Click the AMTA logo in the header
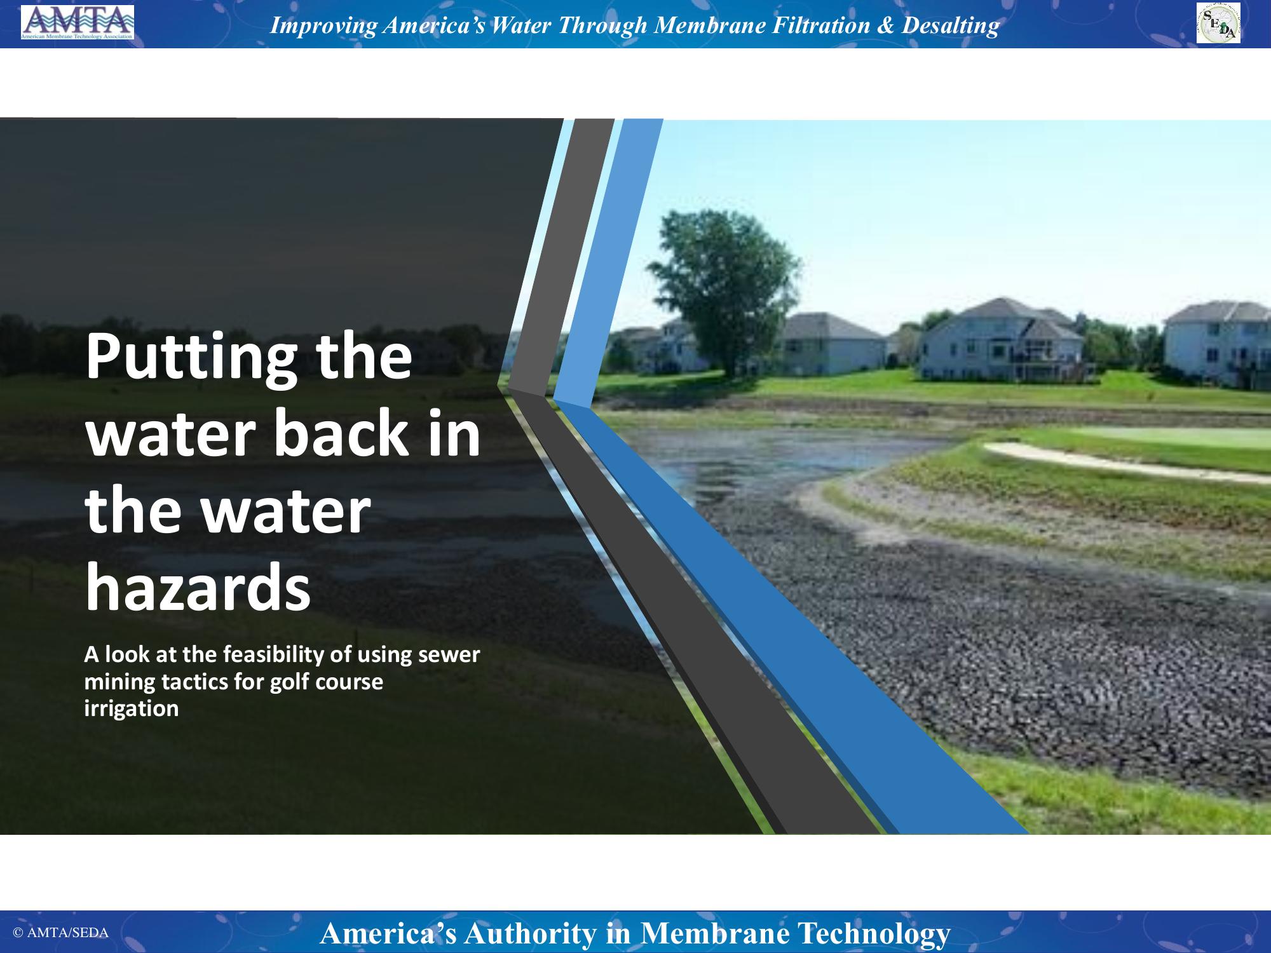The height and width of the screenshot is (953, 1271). [78, 23]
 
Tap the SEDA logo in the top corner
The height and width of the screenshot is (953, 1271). [1218, 24]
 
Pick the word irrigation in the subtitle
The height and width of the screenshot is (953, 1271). [132, 709]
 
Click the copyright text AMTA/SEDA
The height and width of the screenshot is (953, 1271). [61, 933]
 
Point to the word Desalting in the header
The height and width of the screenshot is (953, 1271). [951, 25]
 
